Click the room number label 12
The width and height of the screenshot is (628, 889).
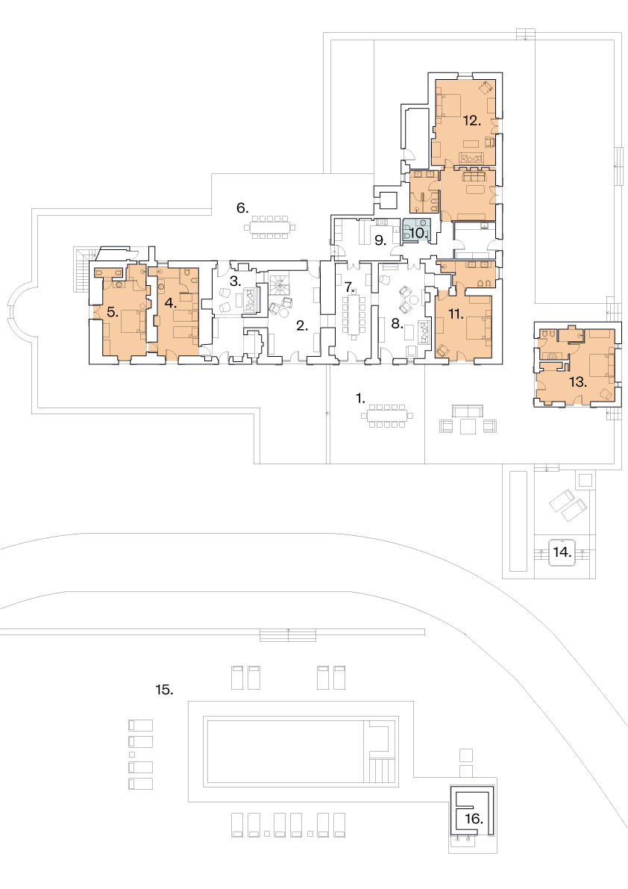click(x=471, y=121)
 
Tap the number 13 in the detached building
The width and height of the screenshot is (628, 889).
click(x=577, y=382)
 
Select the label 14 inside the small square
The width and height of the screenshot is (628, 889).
click(x=562, y=552)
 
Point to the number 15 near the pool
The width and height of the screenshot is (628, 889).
click(x=164, y=690)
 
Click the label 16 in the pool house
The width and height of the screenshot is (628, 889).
click(x=474, y=819)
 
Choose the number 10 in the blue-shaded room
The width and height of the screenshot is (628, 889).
click(x=418, y=232)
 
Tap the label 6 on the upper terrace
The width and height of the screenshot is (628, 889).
click(x=242, y=208)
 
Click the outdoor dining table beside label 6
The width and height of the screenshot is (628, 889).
click(x=269, y=228)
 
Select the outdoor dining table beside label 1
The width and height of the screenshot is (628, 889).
click(x=387, y=417)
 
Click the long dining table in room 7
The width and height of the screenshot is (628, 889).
click(x=354, y=315)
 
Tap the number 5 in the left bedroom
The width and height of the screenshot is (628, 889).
click(x=113, y=312)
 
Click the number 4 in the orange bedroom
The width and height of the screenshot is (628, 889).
click(x=171, y=303)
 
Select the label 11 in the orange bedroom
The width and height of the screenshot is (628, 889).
click(x=456, y=314)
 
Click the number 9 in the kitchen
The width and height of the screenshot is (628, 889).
click(x=380, y=240)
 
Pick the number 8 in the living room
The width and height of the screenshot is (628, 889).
click(x=397, y=324)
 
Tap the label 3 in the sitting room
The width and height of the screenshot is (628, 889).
click(x=236, y=281)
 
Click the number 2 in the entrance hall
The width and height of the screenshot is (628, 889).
click(x=302, y=325)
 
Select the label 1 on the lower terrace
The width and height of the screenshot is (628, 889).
click(x=361, y=399)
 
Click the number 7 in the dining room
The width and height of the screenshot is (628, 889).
click(x=349, y=287)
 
